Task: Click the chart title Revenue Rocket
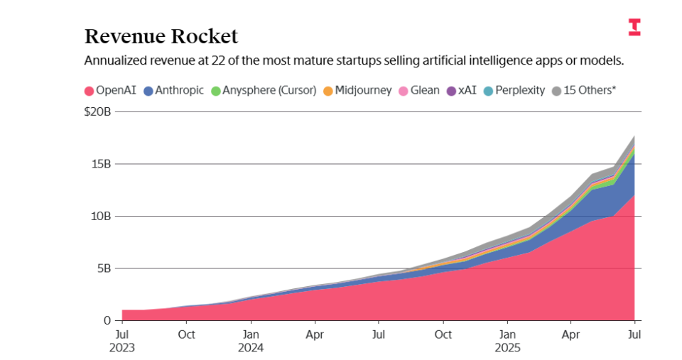pyautogui.click(x=161, y=36)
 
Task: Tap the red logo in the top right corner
pyautogui.click(x=634, y=28)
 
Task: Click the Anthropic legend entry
pyautogui.click(x=173, y=91)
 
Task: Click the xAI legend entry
pyautogui.click(x=461, y=91)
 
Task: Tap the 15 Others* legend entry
pyautogui.click(x=584, y=91)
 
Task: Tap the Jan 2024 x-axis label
pyautogui.click(x=250, y=341)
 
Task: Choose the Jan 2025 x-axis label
pyautogui.click(x=507, y=341)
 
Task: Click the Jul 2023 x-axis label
pyautogui.click(x=122, y=341)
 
